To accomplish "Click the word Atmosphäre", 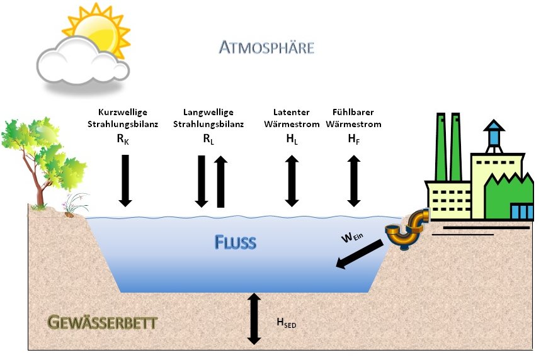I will click(266, 47).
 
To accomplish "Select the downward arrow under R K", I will click(125, 180).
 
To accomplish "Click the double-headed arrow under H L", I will click(291, 181).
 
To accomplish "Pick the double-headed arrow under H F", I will click(354, 181).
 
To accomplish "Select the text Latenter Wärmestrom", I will click(292, 118).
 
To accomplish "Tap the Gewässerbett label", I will click(102, 323).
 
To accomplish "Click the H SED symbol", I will click(286, 323).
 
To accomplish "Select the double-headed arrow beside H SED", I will click(254, 318).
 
